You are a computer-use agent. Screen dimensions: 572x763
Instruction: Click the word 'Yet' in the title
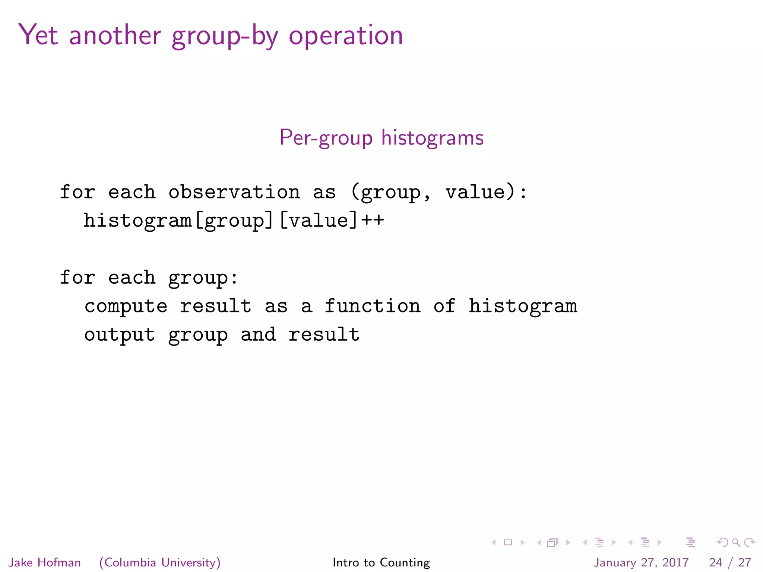click(x=38, y=35)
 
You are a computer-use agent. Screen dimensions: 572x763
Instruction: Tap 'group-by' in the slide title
click(x=225, y=36)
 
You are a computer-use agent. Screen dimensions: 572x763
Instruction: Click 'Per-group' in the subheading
click(x=326, y=138)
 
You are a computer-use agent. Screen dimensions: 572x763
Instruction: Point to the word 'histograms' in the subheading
click(x=432, y=138)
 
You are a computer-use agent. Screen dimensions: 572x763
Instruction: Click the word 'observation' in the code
click(x=234, y=192)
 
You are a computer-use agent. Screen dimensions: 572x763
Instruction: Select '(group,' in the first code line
click(x=390, y=193)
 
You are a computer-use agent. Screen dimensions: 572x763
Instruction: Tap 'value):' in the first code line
click(x=486, y=192)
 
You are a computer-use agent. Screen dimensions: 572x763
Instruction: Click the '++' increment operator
click(x=372, y=220)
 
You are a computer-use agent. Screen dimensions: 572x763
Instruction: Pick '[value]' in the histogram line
click(x=319, y=220)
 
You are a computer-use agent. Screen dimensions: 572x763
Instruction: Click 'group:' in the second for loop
click(x=203, y=278)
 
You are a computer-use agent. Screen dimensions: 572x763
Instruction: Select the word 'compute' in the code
click(x=126, y=306)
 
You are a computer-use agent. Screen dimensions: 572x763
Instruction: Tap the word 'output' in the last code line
click(x=120, y=335)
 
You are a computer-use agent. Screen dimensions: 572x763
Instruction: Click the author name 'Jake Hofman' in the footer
click(x=45, y=562)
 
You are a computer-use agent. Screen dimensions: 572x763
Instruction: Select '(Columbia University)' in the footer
click(x=160, y=562)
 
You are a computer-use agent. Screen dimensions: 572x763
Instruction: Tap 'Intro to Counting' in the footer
click(x=381, y=562)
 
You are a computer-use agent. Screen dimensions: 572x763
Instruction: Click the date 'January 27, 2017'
click(x=641, y=562)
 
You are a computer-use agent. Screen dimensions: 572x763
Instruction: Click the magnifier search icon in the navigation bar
click(x=736, y=542)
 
